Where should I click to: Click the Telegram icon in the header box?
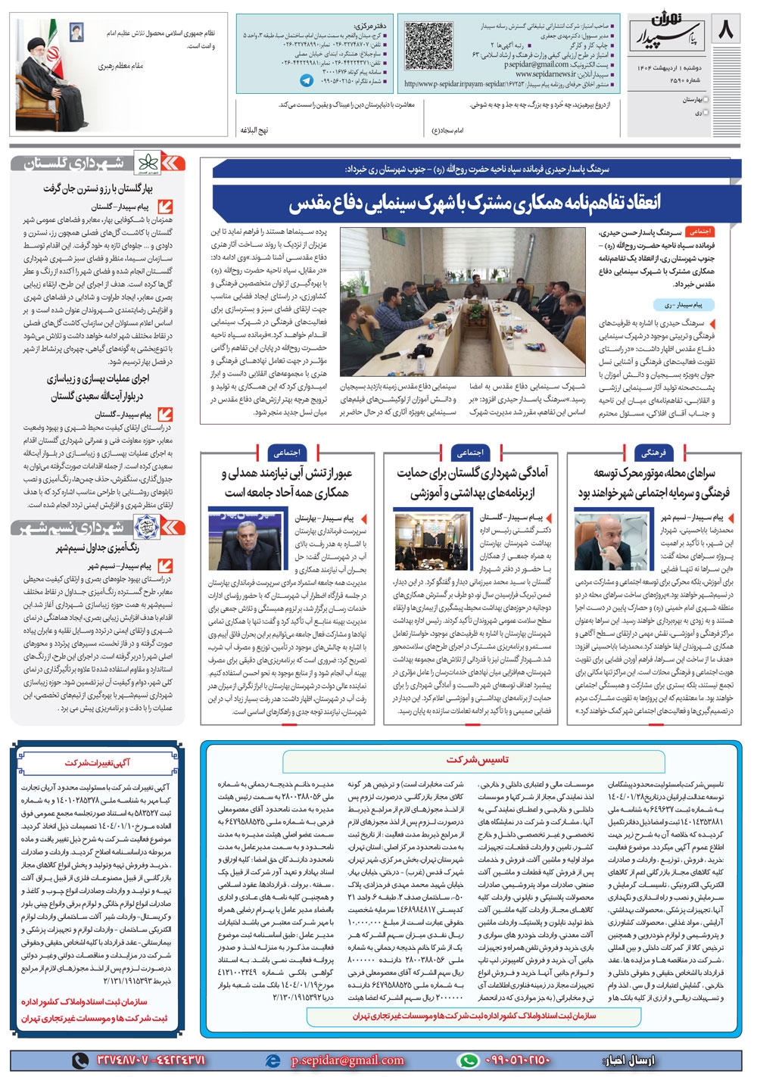click(307, 79)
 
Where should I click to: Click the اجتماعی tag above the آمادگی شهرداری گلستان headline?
click(469, 453)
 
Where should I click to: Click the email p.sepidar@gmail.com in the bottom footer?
click(347, 1060)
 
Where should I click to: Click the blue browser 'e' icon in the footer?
click(273, 1060)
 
